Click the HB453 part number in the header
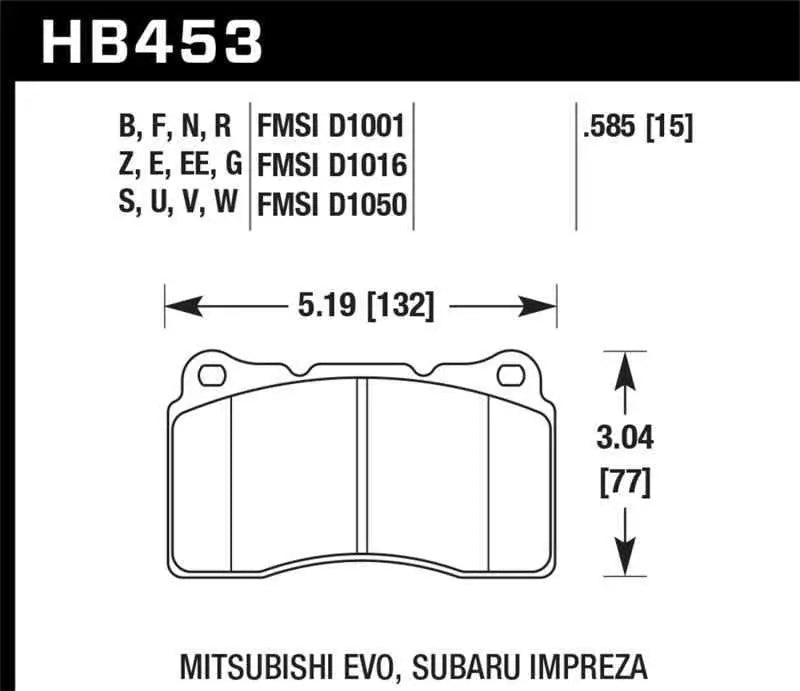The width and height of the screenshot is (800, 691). (x=150, y=42)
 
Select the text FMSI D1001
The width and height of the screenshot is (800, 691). (x=331, y=127)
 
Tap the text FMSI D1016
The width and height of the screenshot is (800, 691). (x=331, y=165)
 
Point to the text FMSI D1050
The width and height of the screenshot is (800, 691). (x=331, y=204)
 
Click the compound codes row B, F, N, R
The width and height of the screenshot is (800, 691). (x=174, y=127)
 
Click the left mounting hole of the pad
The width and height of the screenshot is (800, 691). (x=212, y=376)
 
